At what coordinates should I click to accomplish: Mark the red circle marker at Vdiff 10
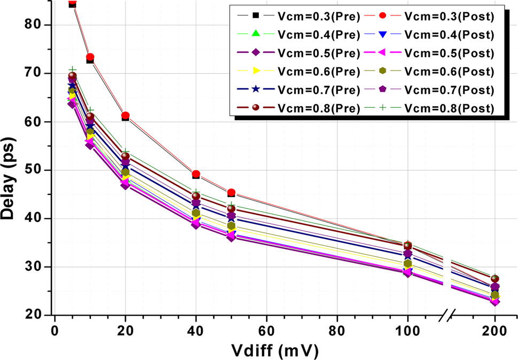click(x=90, y=57)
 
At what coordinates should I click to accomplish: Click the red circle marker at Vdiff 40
click(x=196, y=174)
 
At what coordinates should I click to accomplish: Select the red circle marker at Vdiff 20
click(x=125, y=115)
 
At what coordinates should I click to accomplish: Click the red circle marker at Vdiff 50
click(x=231, y=192)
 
